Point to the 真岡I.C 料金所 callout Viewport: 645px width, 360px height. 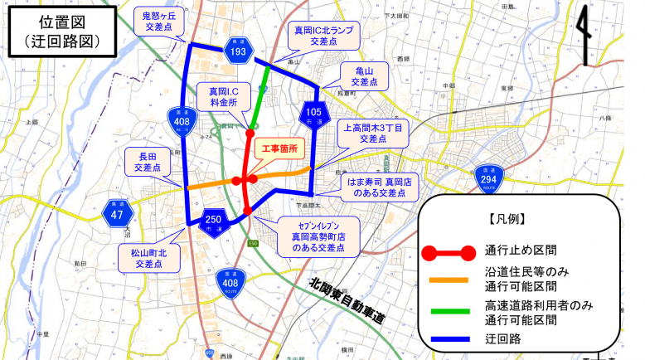coord(221,95)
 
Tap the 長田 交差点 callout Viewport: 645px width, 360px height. coord(148,161)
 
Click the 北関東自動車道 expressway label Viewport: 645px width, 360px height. coord(348,300)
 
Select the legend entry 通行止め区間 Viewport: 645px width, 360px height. coord(521,250)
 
